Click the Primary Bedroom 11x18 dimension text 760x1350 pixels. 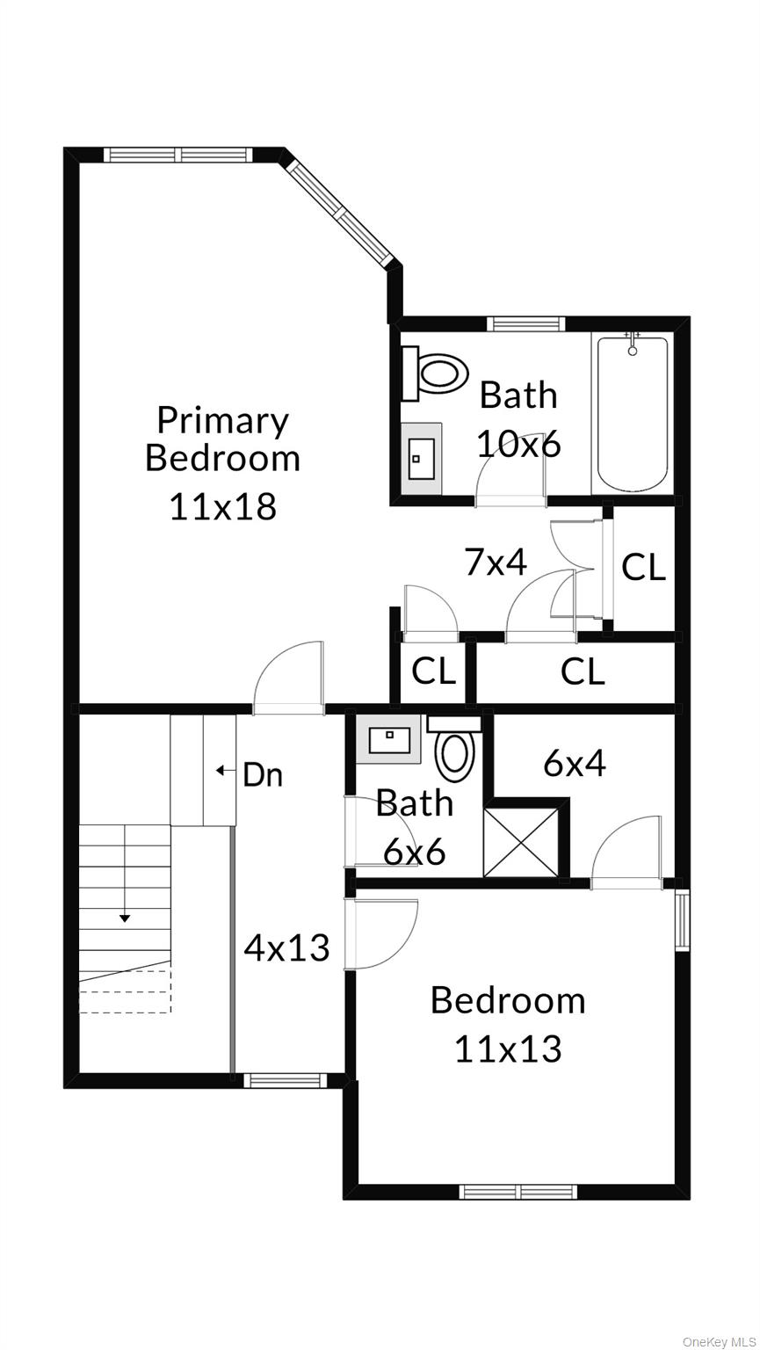pyautogui.click(x=222, y=506)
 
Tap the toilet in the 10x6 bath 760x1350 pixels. pyautogui.click(x=435, y=373)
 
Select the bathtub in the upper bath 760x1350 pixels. pyautogui.click(x=633, y=415)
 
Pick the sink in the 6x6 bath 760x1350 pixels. pyautogui.click(x=388, y=738)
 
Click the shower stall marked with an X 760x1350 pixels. pyautogui.click(x=521, y=843)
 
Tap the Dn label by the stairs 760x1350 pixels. pyautogui.click(x=263, y=775)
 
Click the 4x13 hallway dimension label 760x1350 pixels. pyautogui.click(x=287, y=947)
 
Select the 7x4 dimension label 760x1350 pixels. pyautogui.click(x=496, y=562)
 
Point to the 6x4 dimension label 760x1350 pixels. pyautogui.click(x=575, y=764)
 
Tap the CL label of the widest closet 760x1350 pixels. pyautogui.click(x=583, y=671)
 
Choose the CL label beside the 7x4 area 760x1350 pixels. pyautogui.click(x=643, y=567)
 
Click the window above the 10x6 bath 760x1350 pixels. pyautogui.click(x=526, y=324)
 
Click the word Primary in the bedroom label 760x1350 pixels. pyautogui.click(x=222, y=421)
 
